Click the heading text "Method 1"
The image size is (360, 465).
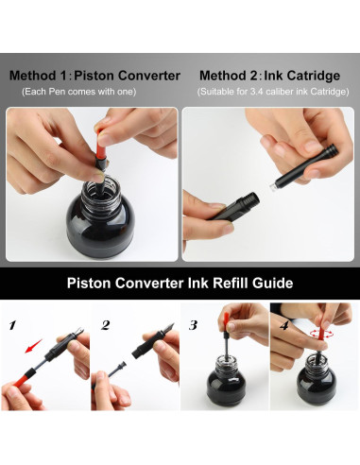click(x=38, y=76)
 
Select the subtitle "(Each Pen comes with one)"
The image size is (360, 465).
click(x=78, y=92)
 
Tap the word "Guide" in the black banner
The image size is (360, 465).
click(x=272, y=283)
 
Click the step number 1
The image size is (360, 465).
click(x=12, y=325)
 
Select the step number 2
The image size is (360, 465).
click(x=105, y=325)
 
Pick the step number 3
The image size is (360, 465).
click(x=193, y=325)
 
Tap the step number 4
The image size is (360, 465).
click(x=284, y=325)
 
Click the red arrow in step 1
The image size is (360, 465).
click(x=34, y=346)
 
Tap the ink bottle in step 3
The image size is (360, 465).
click(x=226, y=379)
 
